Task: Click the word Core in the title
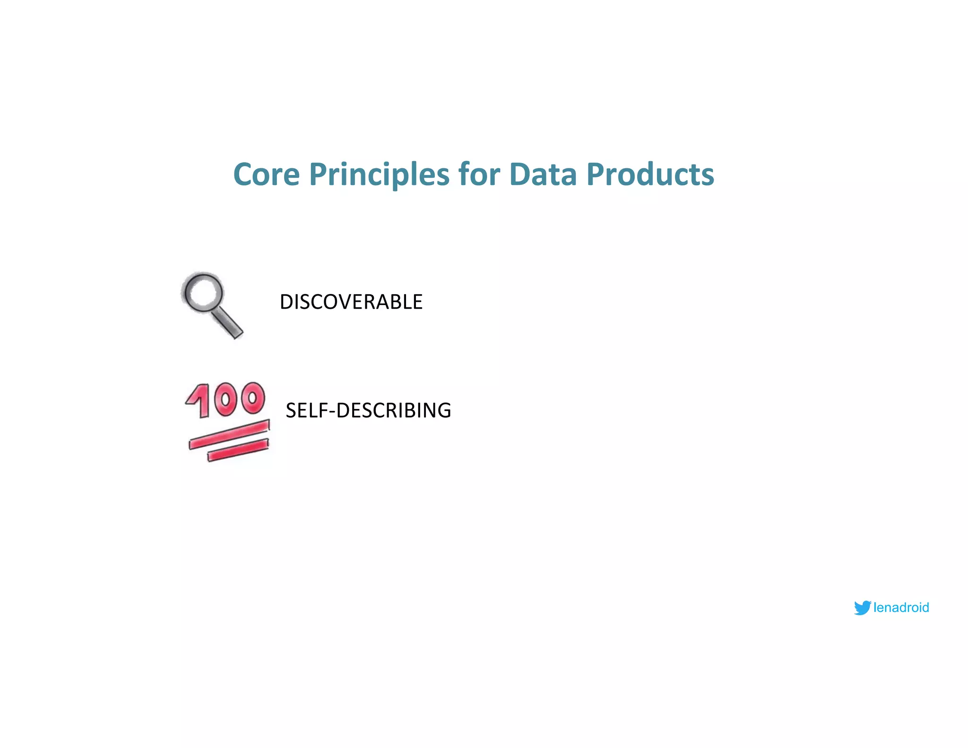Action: (x=267, y=174)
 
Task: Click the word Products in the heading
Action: (x=650, y=174)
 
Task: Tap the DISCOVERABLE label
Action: (x=351, y=302)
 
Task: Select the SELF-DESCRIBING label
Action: (x=368, y=410)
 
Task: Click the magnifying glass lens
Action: (x=204, y=292)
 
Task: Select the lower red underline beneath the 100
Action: (x=238, y=450)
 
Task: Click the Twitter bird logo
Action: (x=862, y=608)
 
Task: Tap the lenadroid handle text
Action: (x=901, y=608)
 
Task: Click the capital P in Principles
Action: (x=318, y=174)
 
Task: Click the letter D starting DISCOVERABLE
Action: (x=286, y=302)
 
